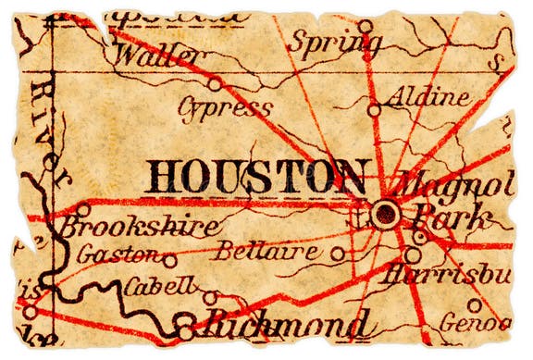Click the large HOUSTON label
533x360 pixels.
[257, 176]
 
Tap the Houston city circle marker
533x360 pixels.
[384, 214]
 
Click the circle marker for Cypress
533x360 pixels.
[215, 83]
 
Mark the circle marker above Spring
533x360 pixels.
[366, 27]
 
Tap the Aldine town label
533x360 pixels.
[422, 96]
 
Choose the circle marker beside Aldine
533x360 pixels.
[374, 109]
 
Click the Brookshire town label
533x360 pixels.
[139, 227]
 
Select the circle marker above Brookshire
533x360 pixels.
[82, 209]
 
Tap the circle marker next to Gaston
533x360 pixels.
[170, 261]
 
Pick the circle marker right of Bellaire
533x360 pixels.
[339, 252]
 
